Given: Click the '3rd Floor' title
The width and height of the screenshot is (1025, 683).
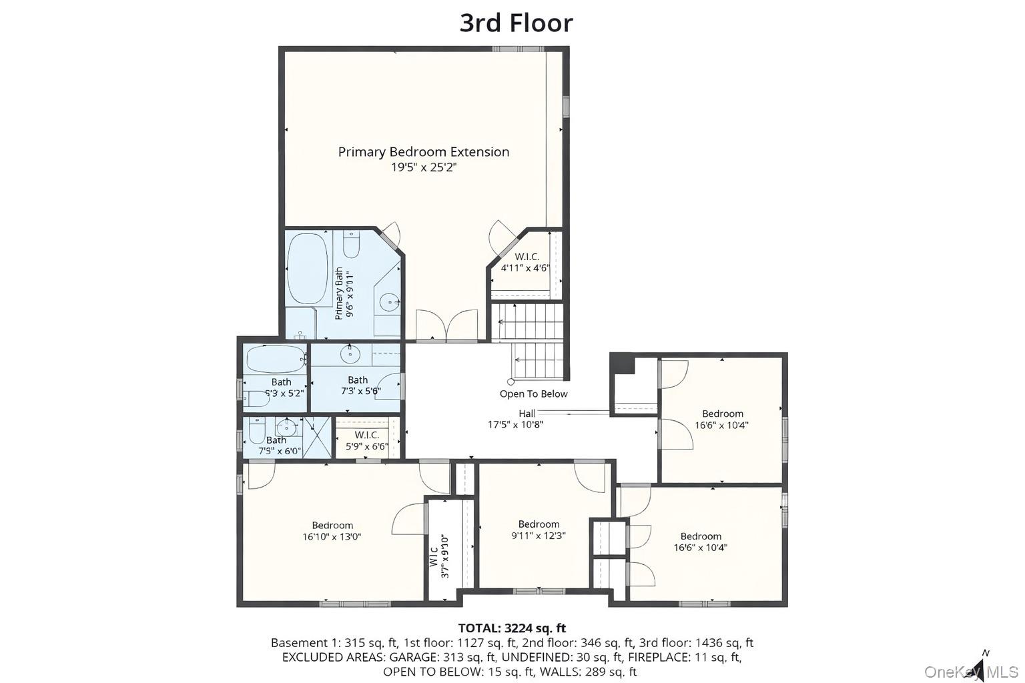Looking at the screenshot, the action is pos(516,23).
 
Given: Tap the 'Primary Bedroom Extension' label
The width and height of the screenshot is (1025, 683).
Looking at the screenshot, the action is pos(423,152).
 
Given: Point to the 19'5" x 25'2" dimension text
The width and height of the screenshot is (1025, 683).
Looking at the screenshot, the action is pos(423,167).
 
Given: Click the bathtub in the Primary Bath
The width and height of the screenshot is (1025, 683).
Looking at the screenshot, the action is pos(307,269).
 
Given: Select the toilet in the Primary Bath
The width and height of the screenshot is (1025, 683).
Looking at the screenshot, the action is pos(352,245).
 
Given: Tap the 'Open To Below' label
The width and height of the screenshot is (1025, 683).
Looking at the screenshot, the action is pos(533,394).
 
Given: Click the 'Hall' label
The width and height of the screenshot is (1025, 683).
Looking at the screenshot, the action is pos(527,414).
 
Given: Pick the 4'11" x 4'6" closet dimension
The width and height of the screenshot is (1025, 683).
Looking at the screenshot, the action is pos(525,268).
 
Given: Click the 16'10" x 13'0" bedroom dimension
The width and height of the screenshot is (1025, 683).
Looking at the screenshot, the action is pos(332,537).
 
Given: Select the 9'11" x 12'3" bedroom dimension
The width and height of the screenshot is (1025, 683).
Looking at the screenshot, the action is pos(539,535).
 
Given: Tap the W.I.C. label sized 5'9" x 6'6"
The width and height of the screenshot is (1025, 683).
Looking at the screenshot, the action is pos(366,435).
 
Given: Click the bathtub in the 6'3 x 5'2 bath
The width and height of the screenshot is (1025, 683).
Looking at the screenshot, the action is pos(276,359).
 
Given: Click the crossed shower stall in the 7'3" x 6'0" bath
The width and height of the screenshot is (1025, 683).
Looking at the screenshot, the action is pos(318,437).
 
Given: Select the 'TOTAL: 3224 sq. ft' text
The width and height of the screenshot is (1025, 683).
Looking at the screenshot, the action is pos(512,628).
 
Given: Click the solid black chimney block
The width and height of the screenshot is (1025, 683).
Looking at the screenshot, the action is pos(623,364).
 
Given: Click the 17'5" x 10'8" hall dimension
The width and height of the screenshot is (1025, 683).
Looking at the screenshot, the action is pos(515,424).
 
